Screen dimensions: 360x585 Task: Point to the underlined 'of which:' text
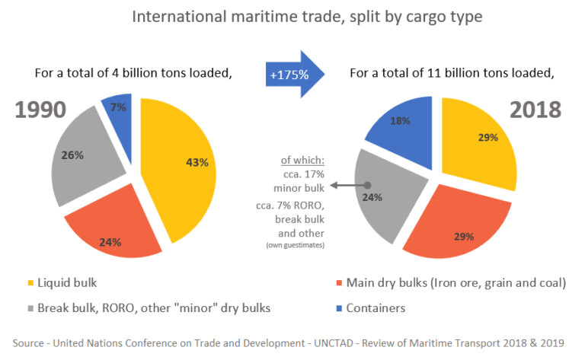click(302, 160)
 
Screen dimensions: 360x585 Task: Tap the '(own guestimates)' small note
click(296, 245)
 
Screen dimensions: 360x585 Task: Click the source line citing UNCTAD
click(292, 339)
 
